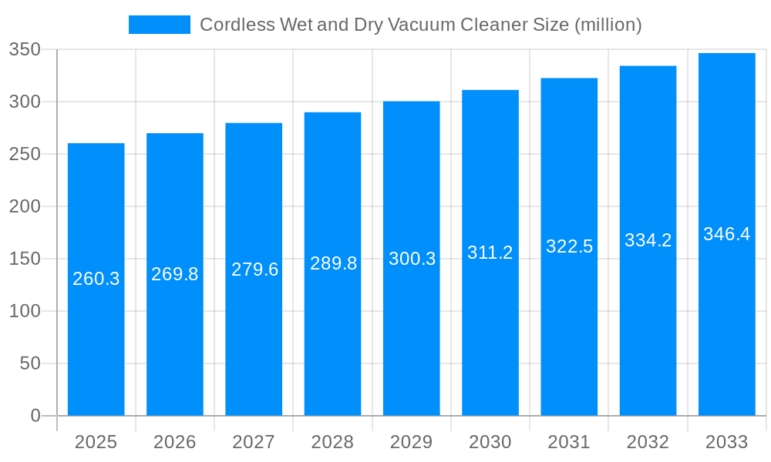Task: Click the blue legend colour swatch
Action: (x=160, y=25)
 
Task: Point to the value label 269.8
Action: (x=175, y=274)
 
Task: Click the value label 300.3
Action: (x=412, y=259)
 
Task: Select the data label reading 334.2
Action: (x=648, y=240)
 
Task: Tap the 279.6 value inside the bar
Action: (x=254, y=269)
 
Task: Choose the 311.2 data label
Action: (x=490, y=253)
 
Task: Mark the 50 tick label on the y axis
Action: (x=30, y=363)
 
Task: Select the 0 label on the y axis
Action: (x=35, y=416)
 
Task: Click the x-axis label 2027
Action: (x=254, y=442)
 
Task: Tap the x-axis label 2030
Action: (x=490, y=442)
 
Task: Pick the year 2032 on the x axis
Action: (x=648, y=442)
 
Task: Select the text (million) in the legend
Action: (x=608, y=25)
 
